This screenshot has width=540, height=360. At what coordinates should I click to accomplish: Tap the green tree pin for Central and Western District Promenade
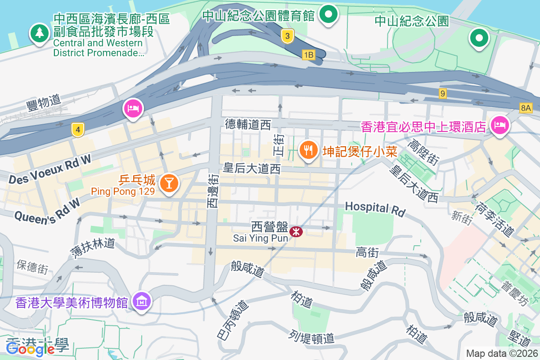coord(40,33)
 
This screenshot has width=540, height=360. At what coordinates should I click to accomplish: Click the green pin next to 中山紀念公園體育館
coord(329,14)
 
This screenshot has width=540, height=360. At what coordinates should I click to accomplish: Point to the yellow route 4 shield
coord(78,130)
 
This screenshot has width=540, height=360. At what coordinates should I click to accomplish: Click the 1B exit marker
coord(308,55)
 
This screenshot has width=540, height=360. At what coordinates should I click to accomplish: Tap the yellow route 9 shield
coord(443,93)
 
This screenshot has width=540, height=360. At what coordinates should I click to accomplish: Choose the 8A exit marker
coord(525,108)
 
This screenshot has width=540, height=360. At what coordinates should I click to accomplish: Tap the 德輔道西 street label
coord(248,124)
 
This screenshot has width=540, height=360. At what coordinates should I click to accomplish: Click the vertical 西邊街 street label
coord(212,191)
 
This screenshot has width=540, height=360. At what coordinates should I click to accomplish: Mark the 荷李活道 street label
coord(494,219)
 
